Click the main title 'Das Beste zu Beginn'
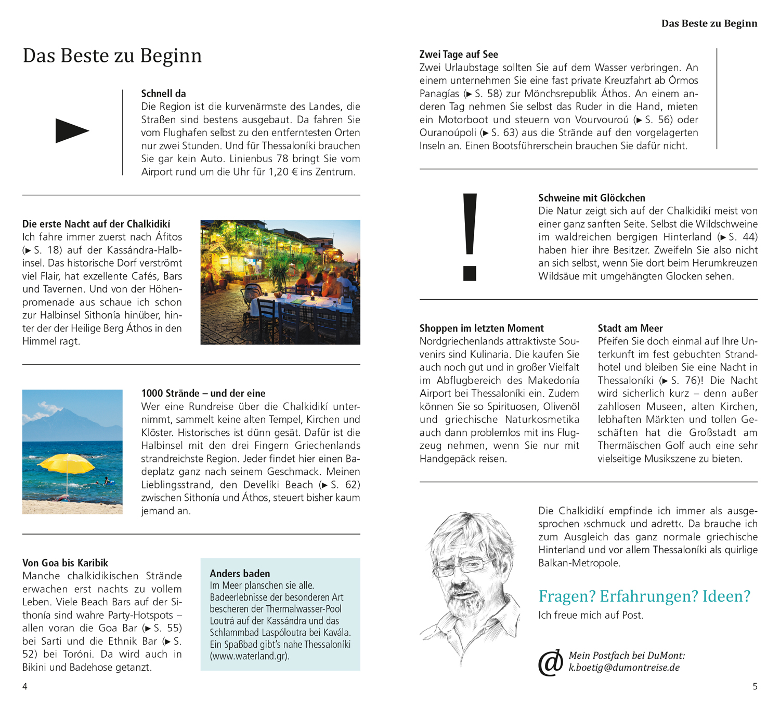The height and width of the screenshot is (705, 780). click(x=112, y=56)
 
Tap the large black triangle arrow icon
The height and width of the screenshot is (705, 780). click(x=71, y=131)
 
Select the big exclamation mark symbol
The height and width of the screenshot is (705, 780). click(x=470, y=236)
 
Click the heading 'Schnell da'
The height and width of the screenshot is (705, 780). click(x=163, y=94)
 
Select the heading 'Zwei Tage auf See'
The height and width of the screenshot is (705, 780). click(x=459, y=55)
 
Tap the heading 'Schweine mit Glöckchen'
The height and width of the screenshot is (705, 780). click(x=591, y=198)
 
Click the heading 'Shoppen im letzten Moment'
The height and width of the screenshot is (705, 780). click(x=482, y=328)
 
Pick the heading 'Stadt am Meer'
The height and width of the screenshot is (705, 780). click(x=630, y=328)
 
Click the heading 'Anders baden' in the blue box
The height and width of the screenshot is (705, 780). click(x=240, y=574)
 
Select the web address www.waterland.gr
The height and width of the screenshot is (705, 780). click(x=250, y=656)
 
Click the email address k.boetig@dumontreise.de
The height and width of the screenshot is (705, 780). click(x=624, y=668)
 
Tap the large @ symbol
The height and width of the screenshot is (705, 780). click(x=551, y=662)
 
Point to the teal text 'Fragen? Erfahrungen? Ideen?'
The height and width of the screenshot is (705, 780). click(x=644, y=596)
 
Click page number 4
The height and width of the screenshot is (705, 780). click(x=24, y=686)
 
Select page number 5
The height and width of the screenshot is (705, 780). click(x=755, y=686)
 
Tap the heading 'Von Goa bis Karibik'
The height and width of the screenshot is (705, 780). click(x=65, y=563)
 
